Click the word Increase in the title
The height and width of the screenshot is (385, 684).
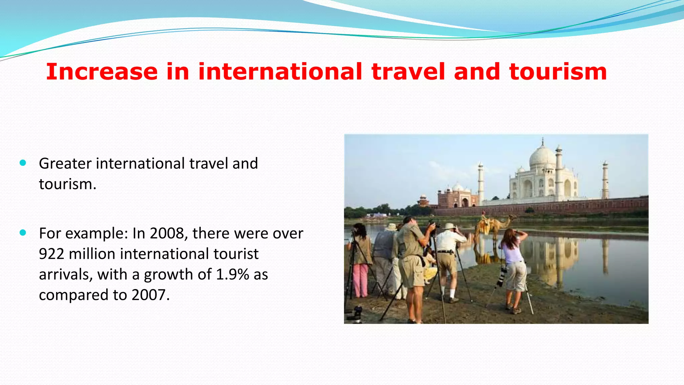[102, 72]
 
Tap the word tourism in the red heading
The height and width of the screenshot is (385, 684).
[558, 72]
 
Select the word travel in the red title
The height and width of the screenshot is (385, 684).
[408, 72]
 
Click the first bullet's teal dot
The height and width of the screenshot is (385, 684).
[23, 163]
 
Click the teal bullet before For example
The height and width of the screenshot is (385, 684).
[23, 233]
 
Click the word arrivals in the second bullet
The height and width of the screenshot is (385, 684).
[65, 275]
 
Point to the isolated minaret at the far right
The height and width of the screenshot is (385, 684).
[605, 180]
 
